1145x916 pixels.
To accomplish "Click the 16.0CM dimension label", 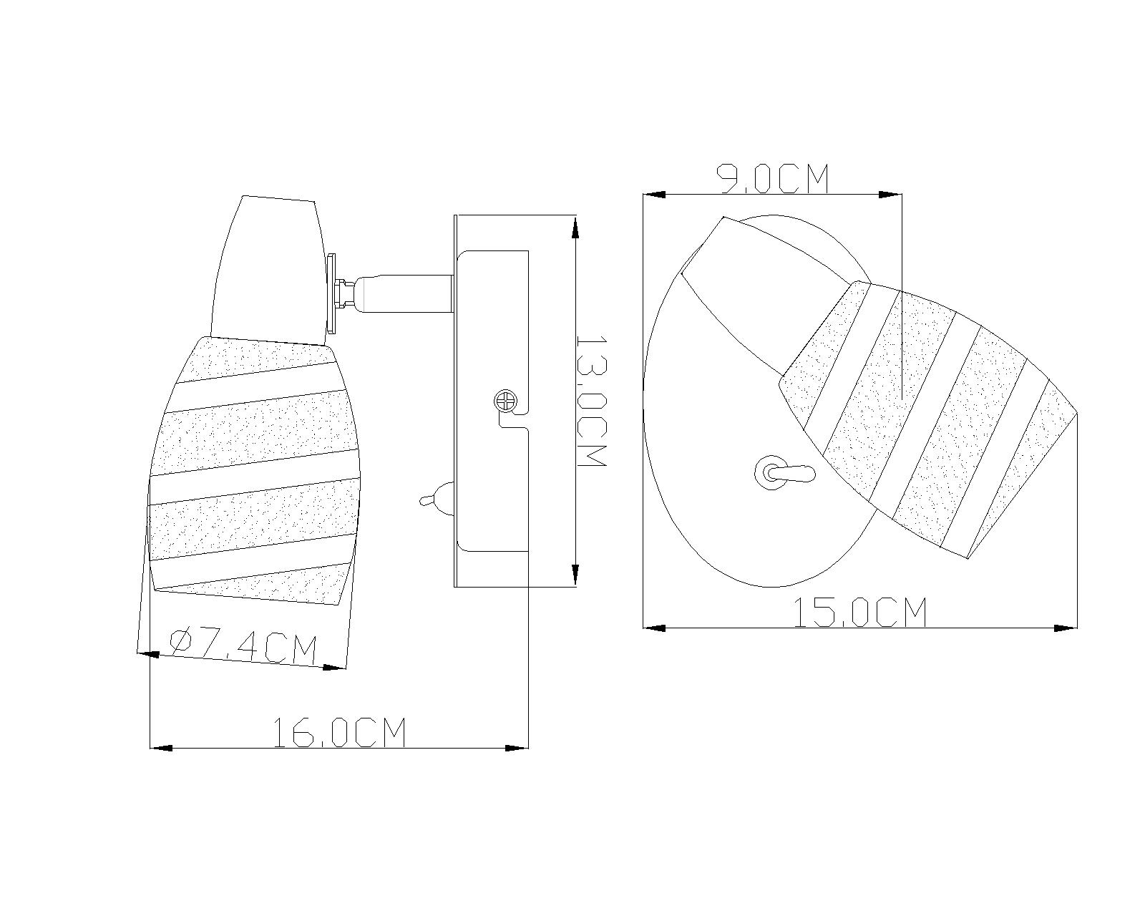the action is tap(339, 732).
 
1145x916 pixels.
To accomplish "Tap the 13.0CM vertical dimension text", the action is tap(592, 401).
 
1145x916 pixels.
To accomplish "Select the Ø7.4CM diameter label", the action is tap(243, 647).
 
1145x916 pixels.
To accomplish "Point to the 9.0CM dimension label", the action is tap(773, 179).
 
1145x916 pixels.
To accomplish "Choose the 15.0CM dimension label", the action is tap(860, 613).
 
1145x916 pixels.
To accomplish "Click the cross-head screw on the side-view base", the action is tap(505, 400).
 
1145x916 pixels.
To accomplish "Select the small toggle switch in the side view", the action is tap(437, 500).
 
